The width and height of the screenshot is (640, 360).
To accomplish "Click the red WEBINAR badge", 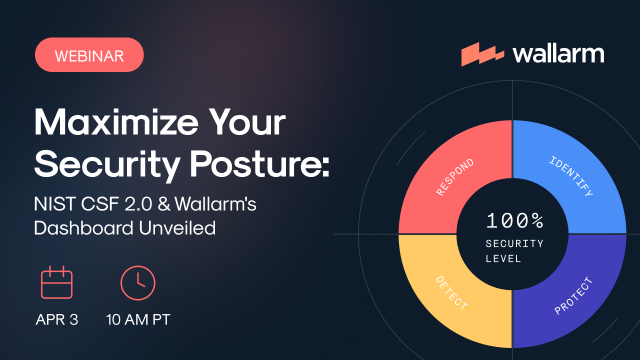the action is [89, 55].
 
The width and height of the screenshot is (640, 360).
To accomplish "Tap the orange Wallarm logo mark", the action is [482, 54].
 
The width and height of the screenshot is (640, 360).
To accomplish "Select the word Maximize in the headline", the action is [116, 122].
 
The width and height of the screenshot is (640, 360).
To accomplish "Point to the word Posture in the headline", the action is [259, 164].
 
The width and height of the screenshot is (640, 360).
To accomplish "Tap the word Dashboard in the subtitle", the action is [83, 228].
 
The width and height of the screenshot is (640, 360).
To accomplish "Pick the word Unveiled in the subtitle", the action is [177, 228].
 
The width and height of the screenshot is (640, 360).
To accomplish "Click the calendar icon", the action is [56, 282].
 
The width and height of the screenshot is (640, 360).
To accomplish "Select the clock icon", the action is [138, 283].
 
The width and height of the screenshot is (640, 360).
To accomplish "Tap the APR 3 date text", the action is [57, 319].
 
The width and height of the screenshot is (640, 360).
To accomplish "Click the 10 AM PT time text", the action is [138, 319].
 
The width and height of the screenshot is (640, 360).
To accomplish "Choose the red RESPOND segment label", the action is [455, 177].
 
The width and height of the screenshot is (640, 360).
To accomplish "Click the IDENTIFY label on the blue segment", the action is [571, 176].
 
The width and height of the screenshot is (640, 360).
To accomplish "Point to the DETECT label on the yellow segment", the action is [451, 293].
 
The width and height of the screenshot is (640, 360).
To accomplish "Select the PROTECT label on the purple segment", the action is [573, 296].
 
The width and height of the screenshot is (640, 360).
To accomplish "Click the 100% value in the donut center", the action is [514, 220].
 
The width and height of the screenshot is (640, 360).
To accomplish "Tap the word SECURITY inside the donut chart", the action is [514, 243].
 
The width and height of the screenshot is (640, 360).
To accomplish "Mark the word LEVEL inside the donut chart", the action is [503, 259].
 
